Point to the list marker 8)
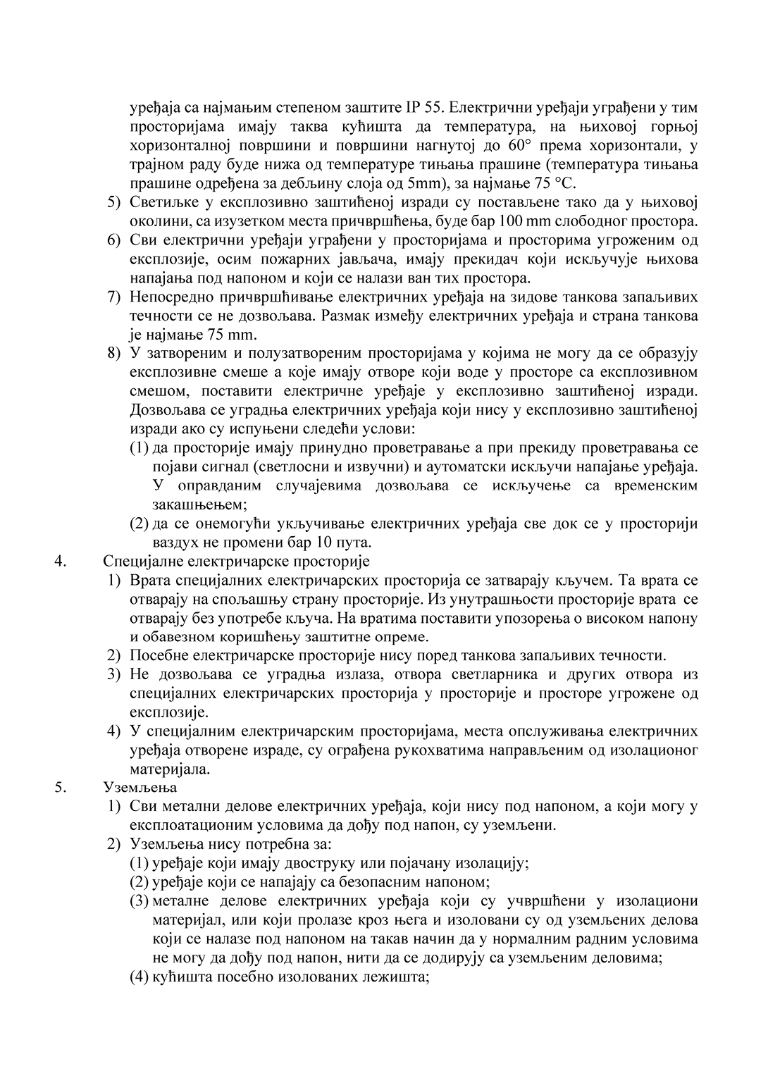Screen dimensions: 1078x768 click(x=114, y=353)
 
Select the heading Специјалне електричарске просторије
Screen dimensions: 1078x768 click(x=236, y=562)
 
